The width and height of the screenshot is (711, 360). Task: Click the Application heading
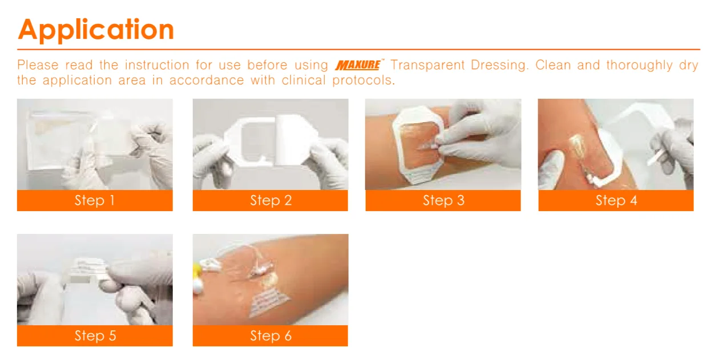click(96, 30)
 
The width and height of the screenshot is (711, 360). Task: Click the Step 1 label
click(95, 200)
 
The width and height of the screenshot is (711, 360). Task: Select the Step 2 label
click(270, 200)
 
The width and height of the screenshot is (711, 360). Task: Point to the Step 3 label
click(443, 200)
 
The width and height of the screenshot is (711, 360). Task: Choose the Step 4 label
click(616, 200)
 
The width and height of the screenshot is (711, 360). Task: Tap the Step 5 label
click(95, 335)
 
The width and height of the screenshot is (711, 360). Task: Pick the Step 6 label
click(270, 335)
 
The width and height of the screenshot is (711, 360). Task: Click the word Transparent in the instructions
click(427, 65)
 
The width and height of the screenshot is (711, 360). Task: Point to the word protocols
click(363, 81)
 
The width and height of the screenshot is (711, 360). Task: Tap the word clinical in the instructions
click(304, 80)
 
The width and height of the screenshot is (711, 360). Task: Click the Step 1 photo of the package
click(95, 144)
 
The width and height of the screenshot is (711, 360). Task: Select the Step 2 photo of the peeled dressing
click(270, 144)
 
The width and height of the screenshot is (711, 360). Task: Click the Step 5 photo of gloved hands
click(95, 280)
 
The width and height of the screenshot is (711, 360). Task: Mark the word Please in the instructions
click(38, 65)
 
